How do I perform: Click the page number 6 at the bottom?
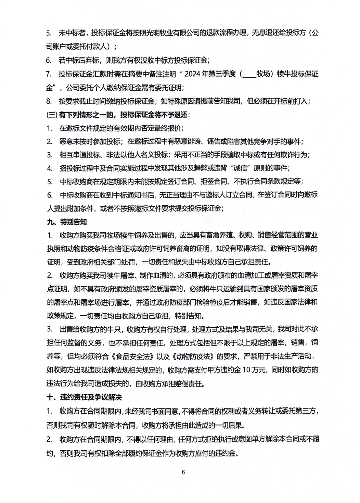click(x=183, y=472)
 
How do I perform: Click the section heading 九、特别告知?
click(x=67, y=222)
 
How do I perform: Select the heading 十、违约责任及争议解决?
click(x=84, y=397)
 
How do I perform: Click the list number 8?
click(x=49, y=101)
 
